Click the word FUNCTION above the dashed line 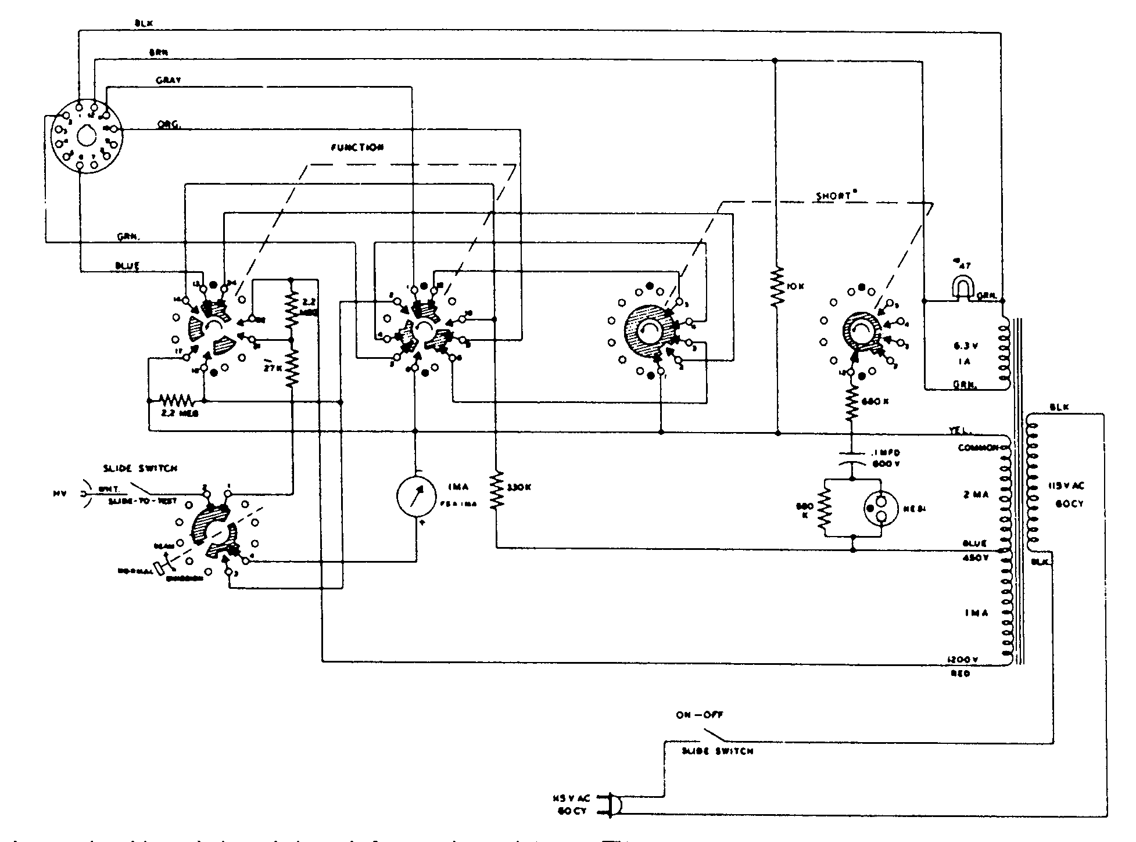pyautogui.click(x=357, y=147)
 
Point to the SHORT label pyautogui.click(x=832, y=196)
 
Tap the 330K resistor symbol pyautogui.click(x=496, y=491)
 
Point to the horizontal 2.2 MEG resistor pyautogui.click(x=177, y=401)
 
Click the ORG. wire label pyautogui.click(x=169, y=125)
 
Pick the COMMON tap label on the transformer pyautogui.click(x=978, y=448)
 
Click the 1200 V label pyautogui.click(x=965, y=660)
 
